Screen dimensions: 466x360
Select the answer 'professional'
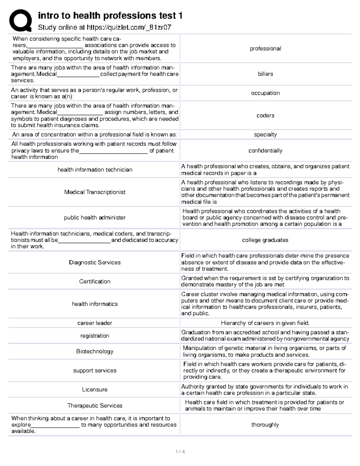pos(265,49)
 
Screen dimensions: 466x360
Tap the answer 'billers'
pos(265,74)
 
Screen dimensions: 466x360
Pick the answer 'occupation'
pos(265,93)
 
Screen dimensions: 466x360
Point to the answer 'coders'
pos(265,116)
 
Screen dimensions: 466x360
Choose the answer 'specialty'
pos(265,135)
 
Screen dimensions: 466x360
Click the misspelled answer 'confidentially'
pos(265,151)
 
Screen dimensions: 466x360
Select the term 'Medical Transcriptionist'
pos(95,192)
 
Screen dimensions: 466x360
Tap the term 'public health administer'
pos(95,218)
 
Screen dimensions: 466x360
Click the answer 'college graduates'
pos(265,240)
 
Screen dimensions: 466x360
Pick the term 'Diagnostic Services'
pos(95,262)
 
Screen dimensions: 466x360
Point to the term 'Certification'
pos(95,281)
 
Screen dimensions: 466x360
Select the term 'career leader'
pos(95,323)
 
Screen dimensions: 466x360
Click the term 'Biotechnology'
pos(95,351)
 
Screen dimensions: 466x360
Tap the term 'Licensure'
pos(95,389)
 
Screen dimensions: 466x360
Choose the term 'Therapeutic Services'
pos(95,406)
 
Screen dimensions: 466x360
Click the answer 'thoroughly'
pos(265,425)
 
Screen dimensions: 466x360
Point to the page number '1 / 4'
pos(180,452)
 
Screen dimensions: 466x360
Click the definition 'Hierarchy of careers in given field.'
pos(265,323)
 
